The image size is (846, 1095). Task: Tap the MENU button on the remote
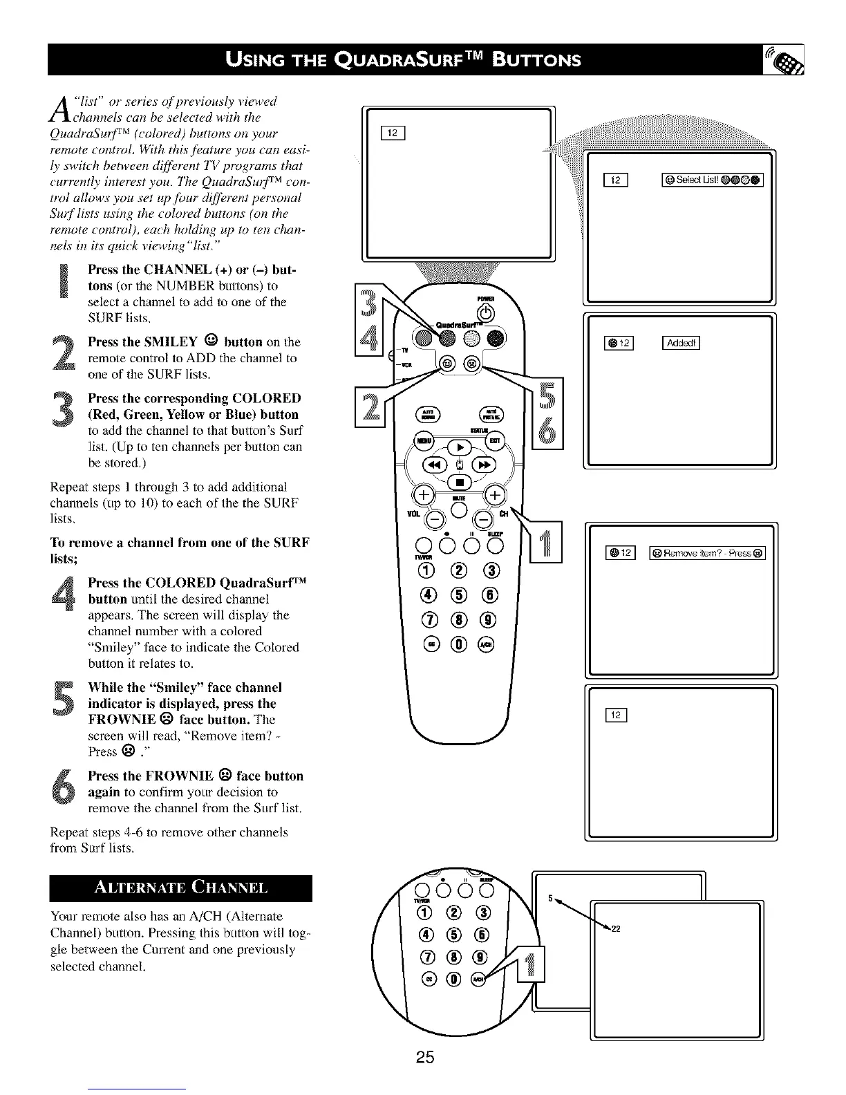[x=420, y=440]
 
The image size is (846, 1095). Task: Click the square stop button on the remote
[x=458, y=482]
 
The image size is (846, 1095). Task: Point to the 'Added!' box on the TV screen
[x=681, y=342]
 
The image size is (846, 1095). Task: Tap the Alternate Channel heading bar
[x=181, y=888]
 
